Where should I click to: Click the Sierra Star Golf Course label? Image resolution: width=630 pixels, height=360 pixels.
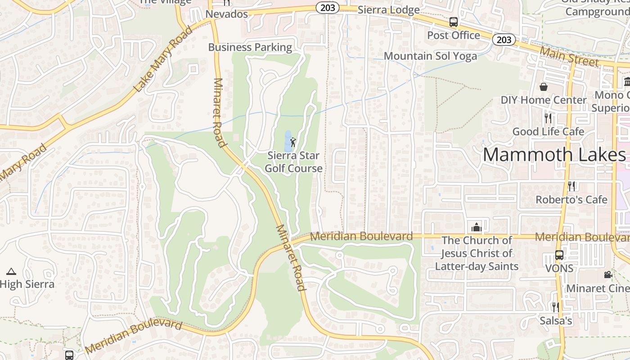(293, 162)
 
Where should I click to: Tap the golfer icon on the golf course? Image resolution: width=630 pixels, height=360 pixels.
(293, 142)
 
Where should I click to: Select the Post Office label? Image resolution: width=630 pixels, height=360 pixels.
(454, 35)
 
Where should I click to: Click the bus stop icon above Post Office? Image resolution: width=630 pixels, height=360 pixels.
(454, 22)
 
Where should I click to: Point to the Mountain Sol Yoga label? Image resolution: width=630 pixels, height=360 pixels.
(430, 56)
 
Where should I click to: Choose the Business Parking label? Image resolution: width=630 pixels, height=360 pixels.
(250, 47)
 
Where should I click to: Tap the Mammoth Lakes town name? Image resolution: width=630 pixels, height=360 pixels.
(554, 155)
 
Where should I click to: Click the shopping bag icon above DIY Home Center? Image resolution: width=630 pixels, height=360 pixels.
(544, 86)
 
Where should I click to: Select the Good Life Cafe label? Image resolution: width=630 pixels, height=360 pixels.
(548, 131)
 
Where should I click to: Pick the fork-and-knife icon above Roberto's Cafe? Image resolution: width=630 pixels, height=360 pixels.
(571, 185)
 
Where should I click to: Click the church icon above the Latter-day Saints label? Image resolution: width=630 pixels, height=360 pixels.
(476, 227)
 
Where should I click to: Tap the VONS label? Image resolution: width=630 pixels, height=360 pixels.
(559, 269)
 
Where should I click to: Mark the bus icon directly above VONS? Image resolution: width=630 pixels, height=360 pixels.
(559, 255)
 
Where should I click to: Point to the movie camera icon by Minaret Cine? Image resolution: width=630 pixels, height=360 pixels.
(608, 274)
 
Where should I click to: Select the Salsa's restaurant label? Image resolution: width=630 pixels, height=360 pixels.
(556, 321)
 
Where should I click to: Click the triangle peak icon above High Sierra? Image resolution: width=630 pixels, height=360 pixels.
(11, 271)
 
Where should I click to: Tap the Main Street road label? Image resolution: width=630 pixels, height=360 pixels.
(569, 56)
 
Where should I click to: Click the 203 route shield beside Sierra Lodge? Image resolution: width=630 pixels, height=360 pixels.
(327, 8)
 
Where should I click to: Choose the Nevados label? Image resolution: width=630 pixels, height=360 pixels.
(227, 14)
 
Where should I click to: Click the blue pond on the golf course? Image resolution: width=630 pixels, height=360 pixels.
(288, 141)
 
